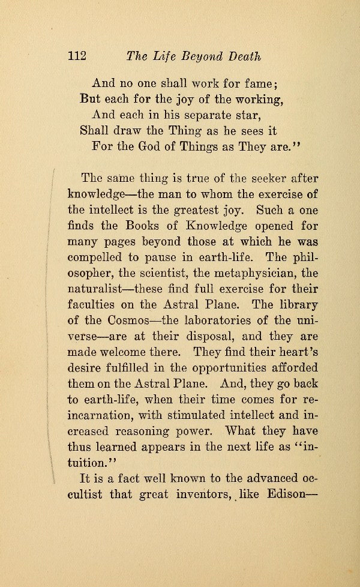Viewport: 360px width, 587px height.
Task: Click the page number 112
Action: point(78,56)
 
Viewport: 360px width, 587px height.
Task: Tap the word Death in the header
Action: point(245,56)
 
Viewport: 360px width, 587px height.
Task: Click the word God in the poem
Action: point(143,146)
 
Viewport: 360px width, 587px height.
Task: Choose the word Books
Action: point(136,226)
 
